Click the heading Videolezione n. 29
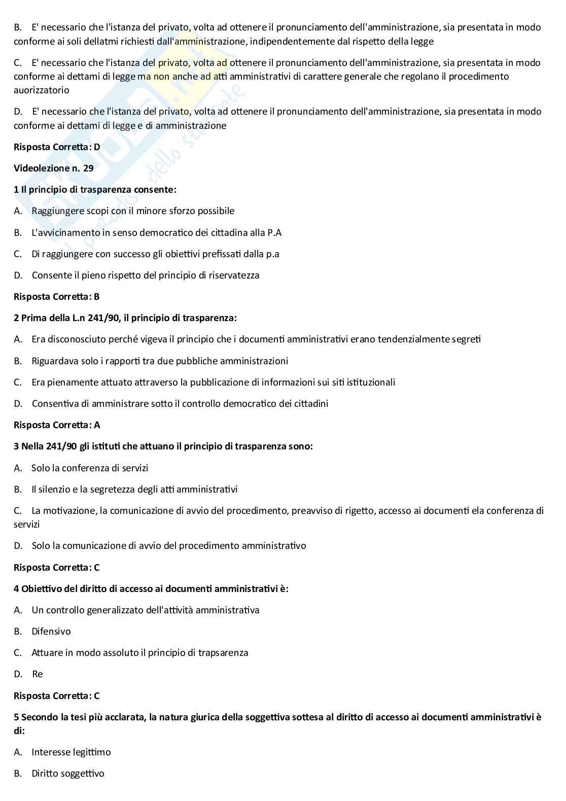54,168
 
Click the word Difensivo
51,632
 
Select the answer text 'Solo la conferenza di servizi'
90,468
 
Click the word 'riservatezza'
234,275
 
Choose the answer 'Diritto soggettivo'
68,774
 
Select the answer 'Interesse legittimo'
71,752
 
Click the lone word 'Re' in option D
38,674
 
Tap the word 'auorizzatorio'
42,90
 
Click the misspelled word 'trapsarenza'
224,653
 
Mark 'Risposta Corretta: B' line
57,297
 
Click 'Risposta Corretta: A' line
57,425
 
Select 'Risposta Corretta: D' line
57,147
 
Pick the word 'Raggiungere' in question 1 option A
56,211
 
